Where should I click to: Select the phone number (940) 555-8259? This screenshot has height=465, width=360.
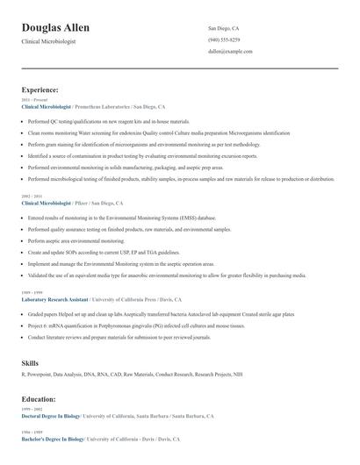(224, 39)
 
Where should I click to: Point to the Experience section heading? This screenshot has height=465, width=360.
(40, 89)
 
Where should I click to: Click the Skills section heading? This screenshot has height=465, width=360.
(30, 361)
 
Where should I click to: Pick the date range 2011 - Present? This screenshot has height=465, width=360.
(32, 100)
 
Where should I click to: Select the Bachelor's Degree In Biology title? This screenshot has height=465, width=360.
(53, 439)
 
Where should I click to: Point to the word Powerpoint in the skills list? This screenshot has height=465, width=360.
(39, 375)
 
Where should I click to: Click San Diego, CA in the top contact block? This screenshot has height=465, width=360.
(224, 28)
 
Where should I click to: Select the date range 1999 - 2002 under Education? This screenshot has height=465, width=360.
(31, 410)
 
